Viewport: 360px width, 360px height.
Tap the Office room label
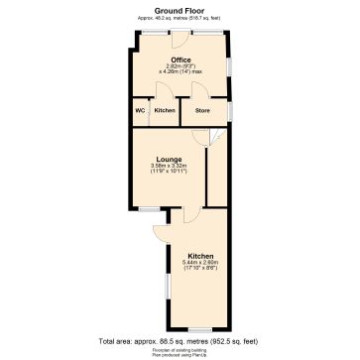coord(180,60)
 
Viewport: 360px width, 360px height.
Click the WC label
coord(140,110)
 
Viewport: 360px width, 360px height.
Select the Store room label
coord(202,110)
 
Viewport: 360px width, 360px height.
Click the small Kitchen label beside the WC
coord(165,110)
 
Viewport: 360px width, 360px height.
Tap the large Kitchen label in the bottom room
coord(200,255)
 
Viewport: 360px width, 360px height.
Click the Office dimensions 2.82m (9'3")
coord(180,66)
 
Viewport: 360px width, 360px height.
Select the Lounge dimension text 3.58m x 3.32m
coord(168,164)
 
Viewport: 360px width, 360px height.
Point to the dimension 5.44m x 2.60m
coord(200,262)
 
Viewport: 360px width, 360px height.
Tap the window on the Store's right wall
coord(229,111)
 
